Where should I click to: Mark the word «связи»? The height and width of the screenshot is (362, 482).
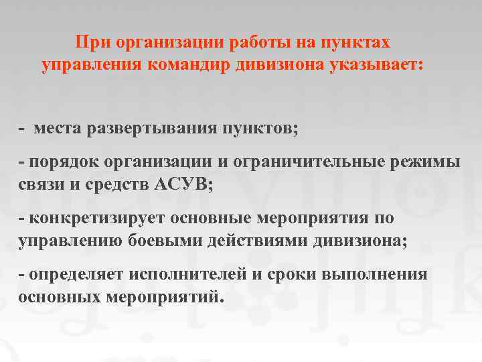pyautogui.click(x=43, y=186)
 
